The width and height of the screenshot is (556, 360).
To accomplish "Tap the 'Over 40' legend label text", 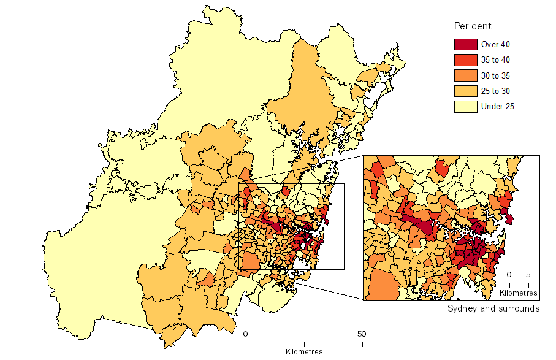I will (496, 45).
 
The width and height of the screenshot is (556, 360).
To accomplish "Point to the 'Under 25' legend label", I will (498, 107).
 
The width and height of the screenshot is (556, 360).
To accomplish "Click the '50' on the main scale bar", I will (362, 334).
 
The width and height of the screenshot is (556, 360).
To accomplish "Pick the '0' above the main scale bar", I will (246, 334).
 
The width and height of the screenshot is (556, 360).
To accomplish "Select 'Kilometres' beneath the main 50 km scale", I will (304, 352).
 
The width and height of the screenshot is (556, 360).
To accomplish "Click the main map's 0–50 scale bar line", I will (304, 344).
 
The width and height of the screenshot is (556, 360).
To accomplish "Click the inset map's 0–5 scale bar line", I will (519, 286).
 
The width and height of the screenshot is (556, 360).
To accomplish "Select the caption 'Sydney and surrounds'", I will (493, 308).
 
